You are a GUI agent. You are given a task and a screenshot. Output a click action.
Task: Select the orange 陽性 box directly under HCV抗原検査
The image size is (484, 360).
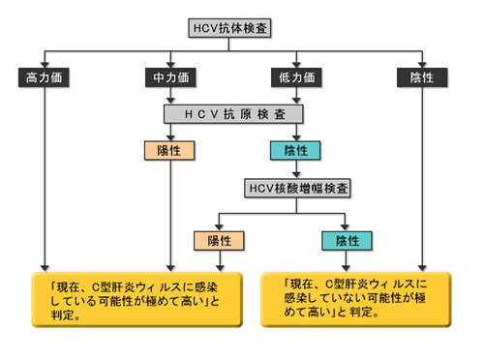coord(170,150)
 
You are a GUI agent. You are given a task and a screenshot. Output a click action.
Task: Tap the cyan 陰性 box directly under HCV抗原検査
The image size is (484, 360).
coord(296,150)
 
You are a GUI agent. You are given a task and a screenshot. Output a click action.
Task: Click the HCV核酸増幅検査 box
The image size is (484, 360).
coord(296,187)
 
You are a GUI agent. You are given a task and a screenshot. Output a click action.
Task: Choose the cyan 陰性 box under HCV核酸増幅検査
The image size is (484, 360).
coord(347,239)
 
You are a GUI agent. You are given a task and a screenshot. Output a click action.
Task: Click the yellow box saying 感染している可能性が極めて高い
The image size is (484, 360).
coord(130,299)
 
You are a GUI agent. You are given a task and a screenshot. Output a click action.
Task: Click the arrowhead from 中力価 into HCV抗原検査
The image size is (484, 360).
coord(170,100)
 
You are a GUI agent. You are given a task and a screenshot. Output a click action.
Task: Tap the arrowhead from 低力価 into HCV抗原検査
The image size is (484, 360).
coord(296,100)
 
